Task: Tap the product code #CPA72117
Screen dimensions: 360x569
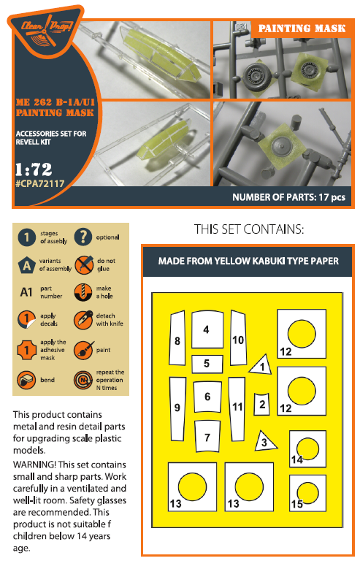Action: tap(39, 183)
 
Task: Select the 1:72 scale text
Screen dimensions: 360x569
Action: tap(34, 169)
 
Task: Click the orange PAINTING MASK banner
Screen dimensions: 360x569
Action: tap(302, 28)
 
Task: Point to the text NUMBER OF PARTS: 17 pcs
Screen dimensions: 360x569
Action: tap(288, 197)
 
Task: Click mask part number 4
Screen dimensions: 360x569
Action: tap(207, 329)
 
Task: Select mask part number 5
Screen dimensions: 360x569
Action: tap(207, 364)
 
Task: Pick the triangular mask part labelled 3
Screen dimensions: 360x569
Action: tap(264, 441)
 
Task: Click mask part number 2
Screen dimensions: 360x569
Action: tap(261, 404)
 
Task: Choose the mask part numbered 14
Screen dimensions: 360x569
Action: tap(307, 448)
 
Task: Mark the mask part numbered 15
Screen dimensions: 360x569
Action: tap(307, 493)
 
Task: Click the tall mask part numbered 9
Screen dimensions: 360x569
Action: tap(177, 408)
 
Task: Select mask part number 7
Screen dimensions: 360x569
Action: tap(207, 436)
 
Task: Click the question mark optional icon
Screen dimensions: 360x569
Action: tap(83, 237)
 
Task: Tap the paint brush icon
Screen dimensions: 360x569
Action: tap(83, 350)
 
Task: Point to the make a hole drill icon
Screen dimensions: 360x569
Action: tap(83, 292)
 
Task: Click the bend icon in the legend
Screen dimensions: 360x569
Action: tap(26, 380)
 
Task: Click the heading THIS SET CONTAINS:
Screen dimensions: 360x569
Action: tap(248, 229)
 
